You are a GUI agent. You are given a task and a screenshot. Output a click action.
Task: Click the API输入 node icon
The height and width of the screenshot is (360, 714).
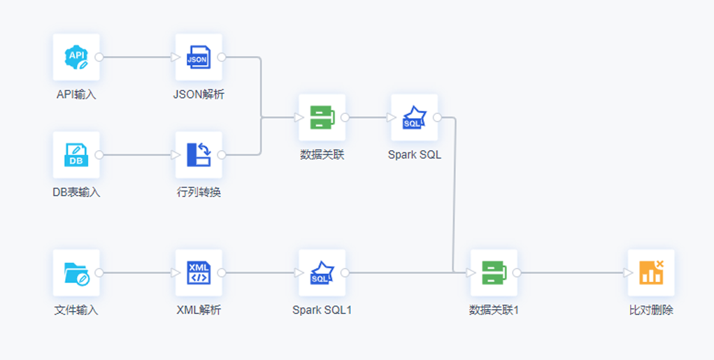pyautogui.click(x=76, y=57)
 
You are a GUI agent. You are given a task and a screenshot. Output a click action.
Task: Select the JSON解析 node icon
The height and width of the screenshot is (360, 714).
pyautogui.click(x=199, y=57)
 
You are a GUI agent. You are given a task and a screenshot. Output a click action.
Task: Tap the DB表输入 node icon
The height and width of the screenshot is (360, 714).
pyautogui.click(x=76, y=154)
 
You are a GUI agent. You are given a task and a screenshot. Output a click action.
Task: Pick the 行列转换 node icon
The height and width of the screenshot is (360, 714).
pyautogui.click(x=199, y=154)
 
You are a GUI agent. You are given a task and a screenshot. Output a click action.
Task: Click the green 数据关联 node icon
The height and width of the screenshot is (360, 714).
pyautogui.click(x=322, y=117)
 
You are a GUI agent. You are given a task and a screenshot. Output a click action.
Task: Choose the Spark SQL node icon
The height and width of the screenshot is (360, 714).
pyautogui.click(x=414, y=117)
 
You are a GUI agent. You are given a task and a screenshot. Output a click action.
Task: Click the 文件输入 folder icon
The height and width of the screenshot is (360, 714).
pyautogui.click(x=76, y=273)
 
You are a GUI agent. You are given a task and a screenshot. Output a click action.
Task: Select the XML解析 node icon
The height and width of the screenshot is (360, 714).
pyautogui.click(x=199, y=273)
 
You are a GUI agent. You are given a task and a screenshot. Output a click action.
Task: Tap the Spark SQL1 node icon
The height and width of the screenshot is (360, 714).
pyautogui.click(x=322, y=273)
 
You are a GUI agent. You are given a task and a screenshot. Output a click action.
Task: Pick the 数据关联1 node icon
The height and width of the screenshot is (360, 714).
pyautogui.click(x=494, y=273)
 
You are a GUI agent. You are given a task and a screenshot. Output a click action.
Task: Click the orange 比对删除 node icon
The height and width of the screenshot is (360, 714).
pyautogui.click(x=651, y=273)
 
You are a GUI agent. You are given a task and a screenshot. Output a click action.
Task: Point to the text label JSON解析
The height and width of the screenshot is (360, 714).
pyautogui.click(x=199, y=94)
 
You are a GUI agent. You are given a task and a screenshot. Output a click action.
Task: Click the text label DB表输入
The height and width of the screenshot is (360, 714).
pyautogui.click(x=76, y=192)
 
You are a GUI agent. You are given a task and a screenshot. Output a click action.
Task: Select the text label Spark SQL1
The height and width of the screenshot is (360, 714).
pyautogui.click(x=322, y=310)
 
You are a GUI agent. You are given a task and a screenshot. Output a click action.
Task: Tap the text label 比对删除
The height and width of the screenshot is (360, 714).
pyautogui.click(x=651, y=310)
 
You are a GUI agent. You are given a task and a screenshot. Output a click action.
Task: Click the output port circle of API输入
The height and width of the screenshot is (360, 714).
pyautogui.click(x=99, y=57)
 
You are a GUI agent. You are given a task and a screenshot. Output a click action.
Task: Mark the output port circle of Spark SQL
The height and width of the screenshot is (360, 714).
pyautogui.click(x=437, y=117)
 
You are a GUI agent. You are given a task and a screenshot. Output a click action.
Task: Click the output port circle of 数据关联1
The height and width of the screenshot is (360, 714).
pyautogui.click(x=517, y=273)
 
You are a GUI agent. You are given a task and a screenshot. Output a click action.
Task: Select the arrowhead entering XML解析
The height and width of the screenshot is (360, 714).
pyautogui.click(x=176, y=273)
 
